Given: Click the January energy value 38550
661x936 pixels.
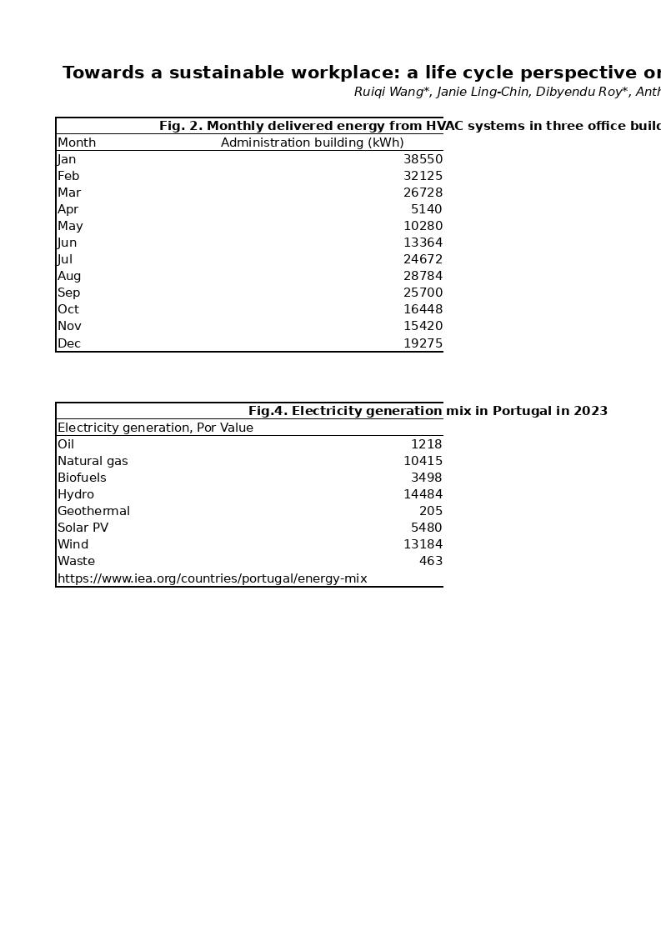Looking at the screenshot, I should click(423, 159).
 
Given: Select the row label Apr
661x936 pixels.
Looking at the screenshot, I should click(68, 209).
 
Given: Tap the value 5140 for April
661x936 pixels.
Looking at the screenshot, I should click(426, 209).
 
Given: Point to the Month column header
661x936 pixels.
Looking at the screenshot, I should click(77, 143).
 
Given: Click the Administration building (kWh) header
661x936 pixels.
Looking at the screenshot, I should click(312, 143).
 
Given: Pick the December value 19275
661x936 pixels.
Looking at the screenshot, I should click(423, 343).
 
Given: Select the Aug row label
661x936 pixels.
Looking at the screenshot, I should click(69, 276).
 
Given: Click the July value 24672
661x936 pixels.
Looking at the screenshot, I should click(423, 259).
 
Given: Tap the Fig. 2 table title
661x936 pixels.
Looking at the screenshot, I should click(408, 126).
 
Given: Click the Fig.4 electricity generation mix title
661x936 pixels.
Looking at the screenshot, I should click(428, 411).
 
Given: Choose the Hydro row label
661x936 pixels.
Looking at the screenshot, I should click(76, 494).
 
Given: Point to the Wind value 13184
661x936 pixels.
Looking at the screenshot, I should click(423, 544).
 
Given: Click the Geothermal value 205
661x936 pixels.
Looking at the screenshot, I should click(431, 511).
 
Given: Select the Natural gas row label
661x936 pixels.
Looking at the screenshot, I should click(93, 461).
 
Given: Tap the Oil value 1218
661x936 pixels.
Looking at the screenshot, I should click(426, 444).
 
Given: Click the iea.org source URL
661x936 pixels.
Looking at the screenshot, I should click(212, 578).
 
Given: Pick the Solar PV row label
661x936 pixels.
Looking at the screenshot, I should click(83, 528).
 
